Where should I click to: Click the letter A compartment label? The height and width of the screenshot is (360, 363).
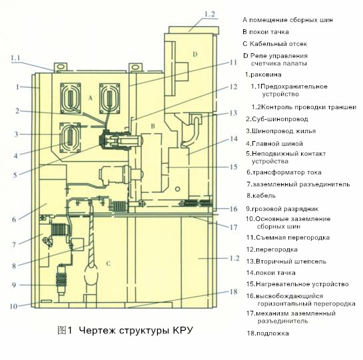point(91,98)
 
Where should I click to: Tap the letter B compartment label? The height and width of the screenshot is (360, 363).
point(153,126)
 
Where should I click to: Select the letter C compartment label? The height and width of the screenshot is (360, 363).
point(108,264)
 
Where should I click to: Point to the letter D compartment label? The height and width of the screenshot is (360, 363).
point(195,55)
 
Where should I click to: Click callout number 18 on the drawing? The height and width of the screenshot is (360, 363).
point(233,291)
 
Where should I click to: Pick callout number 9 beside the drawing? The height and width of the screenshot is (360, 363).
point(14,285)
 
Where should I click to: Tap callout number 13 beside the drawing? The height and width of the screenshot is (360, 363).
point(233,113)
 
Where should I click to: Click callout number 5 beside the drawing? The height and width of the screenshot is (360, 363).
point(15,175)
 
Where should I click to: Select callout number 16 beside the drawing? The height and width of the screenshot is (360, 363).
point(233,209)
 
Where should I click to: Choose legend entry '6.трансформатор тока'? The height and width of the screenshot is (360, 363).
point(284,172)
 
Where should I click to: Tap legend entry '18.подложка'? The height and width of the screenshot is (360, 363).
point(268,333)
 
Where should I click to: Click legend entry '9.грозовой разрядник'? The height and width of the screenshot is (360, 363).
point(282,209)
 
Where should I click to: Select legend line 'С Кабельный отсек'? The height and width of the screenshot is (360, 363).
point(275,44)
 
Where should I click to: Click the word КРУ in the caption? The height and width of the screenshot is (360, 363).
point(182,330)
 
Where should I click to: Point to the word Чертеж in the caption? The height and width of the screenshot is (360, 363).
point(97,330)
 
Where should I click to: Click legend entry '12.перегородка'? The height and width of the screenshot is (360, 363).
point(272,250)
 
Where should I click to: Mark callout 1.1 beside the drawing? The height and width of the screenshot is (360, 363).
point(15,58)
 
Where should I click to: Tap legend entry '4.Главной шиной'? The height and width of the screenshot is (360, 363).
point(274,144)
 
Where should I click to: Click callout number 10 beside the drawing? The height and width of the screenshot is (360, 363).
point(13,306)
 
